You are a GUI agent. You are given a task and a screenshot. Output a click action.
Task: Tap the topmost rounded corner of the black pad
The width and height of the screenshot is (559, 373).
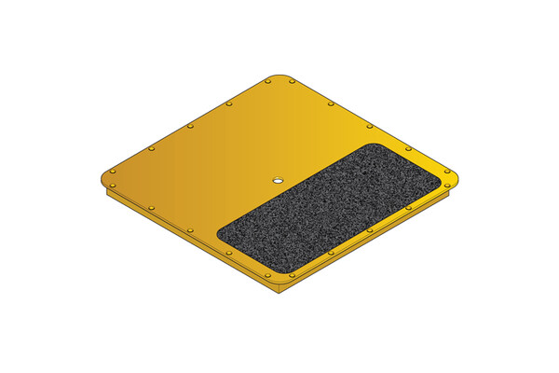(x=373, y=146)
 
